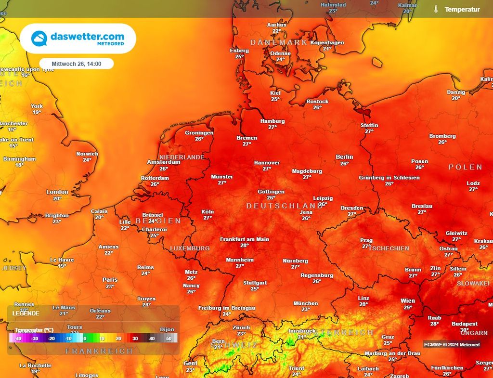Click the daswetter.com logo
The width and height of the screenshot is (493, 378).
pyautogui.click(x=78, y=39)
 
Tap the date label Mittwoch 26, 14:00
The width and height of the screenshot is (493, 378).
pyautogui.click(x=76, y=64)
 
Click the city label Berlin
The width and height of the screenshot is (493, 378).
pyautogui.click(x=344, y=156)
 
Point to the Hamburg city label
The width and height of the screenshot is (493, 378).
pyautogui.click(x=272, y=121)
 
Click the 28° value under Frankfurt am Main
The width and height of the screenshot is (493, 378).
pyautogui.click(x=245, y=246)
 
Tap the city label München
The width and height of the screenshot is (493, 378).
pyautogui.click(x=306, y=303)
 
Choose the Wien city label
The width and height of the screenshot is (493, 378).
pyautogui.click(x=408, y=301)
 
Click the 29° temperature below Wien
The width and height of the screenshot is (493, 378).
pyautogui.click(x=408, y=308)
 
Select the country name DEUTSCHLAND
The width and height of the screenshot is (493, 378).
pyautogui.click(x=284, y=206)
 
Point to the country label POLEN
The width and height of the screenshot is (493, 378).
pyautogui.click(x=465, y=167)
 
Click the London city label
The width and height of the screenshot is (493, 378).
pyautogui.click(x=57, y=192)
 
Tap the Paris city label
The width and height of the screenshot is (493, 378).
pyautogui.click(x=110, y=280)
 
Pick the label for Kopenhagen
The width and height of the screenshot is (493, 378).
pyautogui.click(x=327, y=42)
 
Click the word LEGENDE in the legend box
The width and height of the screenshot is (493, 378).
pyautogui.click(x=26, y=313)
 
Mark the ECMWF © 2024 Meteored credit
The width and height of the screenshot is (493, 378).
pyautogui.click(x=452, y=344)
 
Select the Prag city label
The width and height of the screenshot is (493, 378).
pyautogui.click(x=366, y=240)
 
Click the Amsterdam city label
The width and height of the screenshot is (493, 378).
pyautogui.click(x=164, y=162)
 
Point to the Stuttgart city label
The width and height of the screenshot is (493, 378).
pyautogui.click(x=255, y=283)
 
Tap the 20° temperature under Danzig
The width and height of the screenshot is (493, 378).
pyautogui.click(x=456, y=98)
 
